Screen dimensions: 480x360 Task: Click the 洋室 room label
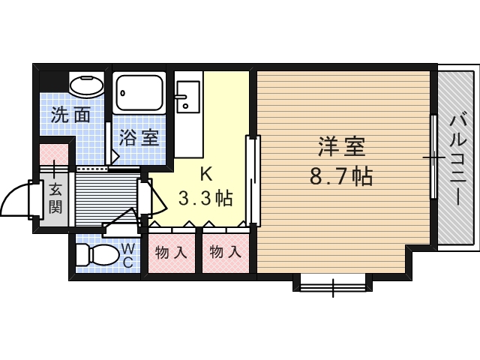click(x=342, y=147)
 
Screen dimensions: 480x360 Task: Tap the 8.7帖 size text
click(x=341, y=177)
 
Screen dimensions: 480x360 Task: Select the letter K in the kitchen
click(x=206, y=175)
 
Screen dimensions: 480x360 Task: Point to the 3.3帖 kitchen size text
click(x=205, y=198)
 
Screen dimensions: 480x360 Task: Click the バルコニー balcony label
click(x=458, y=159)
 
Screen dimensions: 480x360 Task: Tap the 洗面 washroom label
click(x=70, y=115)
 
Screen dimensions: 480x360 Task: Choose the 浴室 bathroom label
click(x=139, y=137)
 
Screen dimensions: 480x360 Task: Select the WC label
click(x=127, y=255)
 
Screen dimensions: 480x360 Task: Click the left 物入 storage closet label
click(x=170, y=253)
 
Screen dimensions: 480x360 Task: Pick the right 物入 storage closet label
click(x=225, y=253)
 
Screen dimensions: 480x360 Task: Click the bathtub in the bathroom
click(x=139, y=93)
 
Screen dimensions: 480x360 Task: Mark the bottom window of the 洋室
click(x=333, y=286)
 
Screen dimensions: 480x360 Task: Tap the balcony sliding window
click(x=433, y=157)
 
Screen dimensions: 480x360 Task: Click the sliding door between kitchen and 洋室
click(x=253, y=181)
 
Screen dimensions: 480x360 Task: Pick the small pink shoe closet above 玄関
click(x=54, y=154)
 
